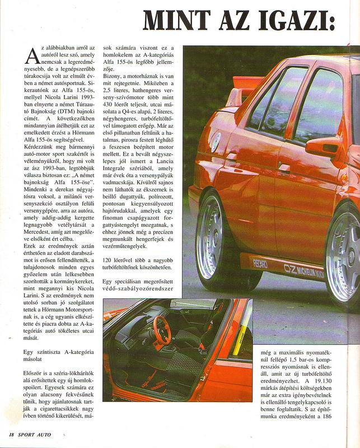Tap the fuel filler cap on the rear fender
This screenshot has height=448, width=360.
tap(215, 141)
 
